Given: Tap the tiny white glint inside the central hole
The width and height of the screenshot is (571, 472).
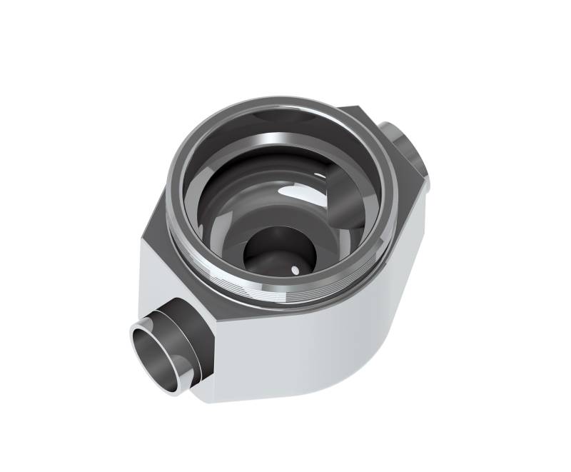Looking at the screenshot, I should pos(295,268).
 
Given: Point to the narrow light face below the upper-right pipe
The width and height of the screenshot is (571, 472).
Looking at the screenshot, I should pos(421,214).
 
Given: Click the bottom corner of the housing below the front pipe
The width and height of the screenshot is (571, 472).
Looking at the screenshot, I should pos(214,393).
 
